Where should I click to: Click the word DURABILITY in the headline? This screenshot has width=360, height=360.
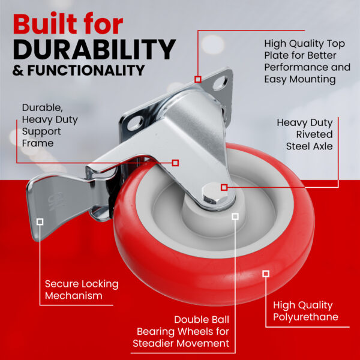click(x=94, y=49)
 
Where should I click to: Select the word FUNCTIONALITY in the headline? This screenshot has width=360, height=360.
click(x=86, y=70)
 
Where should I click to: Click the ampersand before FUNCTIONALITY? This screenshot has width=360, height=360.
click(x=18, y=70)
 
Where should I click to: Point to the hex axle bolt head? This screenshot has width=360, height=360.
click(x=213, y=194)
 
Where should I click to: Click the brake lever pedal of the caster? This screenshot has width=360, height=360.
click(x=58, y=202)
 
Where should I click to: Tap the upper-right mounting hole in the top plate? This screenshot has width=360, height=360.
click(x=220, y=83)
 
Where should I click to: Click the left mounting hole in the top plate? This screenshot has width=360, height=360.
click(x=136, y=122)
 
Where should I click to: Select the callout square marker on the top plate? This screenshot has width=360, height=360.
click(x=198, y=79)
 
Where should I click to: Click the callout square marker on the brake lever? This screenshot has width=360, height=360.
click(x=40, y=221)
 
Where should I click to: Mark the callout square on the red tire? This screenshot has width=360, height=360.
click(x=266, y=274)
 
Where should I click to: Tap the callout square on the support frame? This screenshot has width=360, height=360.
click(x=175, y=163)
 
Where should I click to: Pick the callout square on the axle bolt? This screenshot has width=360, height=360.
click(x=224, y=187)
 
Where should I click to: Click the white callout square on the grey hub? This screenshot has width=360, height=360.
click(x=235, y=217)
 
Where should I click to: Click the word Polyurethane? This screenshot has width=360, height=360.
click(x=305, y=317)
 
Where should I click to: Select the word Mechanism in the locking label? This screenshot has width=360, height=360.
click(x=74, y=295)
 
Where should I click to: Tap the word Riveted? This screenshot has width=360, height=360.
click(x=314, y=134)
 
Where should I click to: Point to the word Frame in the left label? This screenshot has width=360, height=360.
click(x=38, y=143)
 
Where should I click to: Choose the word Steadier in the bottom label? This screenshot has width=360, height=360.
click(x=153, y=343)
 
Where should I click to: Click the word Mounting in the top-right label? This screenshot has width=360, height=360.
click(x=313, y=80)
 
